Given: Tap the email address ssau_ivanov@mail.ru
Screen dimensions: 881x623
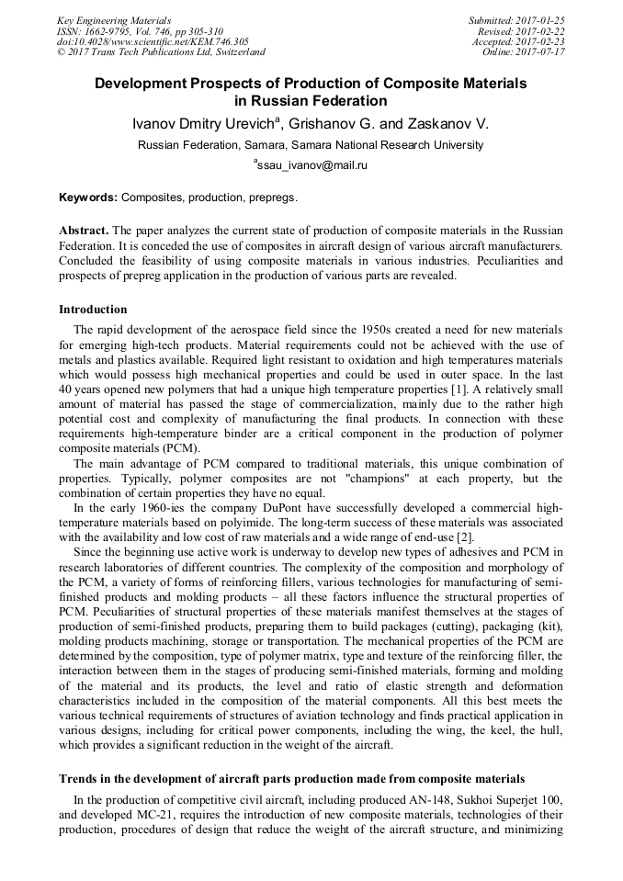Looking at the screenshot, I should (312, 165).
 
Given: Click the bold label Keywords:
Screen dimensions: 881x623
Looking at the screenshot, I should (88, 198).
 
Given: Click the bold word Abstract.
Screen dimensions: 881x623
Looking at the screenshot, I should (84, 229).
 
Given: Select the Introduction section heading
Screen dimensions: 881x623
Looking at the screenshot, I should (93, 309).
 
